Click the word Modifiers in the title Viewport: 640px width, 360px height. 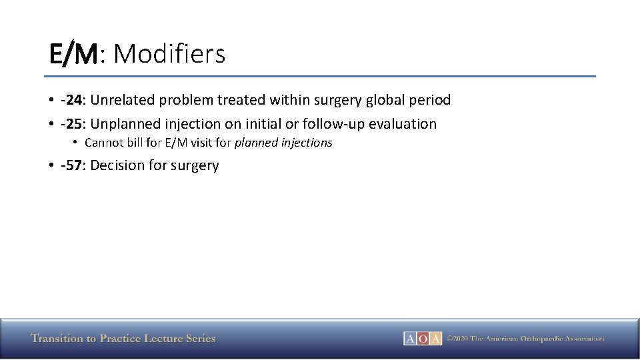coord(169,54)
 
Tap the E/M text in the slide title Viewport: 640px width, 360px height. coord(73,54)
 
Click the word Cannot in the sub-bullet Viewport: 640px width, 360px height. coord(103,143)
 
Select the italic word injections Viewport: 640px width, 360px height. coord(305,143)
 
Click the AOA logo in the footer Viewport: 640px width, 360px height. coord(423,339)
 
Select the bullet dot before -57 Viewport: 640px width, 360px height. coord(51,165)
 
